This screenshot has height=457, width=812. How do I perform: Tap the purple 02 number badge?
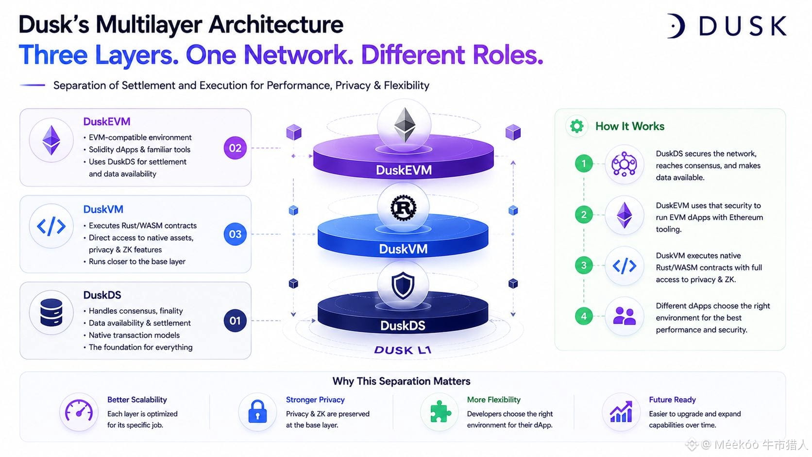(235, 148)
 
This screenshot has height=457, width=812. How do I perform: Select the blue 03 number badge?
(235, 234)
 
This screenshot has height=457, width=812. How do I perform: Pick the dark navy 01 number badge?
(235, 321)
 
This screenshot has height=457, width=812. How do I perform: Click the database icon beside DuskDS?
(51, 312)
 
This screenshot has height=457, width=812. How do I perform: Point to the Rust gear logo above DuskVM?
(403, 208)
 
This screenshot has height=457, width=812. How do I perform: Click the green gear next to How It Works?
(576, 126)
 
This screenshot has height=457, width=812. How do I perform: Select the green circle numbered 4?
(584, 316)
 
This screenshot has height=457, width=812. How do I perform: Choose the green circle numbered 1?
(584, 164)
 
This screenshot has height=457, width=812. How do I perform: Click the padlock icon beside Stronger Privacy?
(257, 412)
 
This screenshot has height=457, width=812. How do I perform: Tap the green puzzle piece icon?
(440, 411)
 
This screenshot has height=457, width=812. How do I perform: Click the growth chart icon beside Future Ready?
(621, 412)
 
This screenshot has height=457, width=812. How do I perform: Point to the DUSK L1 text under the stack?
(403, 350)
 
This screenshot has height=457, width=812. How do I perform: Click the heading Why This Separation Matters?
(401, 381)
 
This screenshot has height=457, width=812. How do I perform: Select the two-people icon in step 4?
(624, 316)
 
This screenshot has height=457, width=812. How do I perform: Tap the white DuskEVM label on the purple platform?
(404, 170)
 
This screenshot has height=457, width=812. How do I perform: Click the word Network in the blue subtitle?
(298, 55)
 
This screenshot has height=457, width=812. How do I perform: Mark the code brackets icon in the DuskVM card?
(51, 226)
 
